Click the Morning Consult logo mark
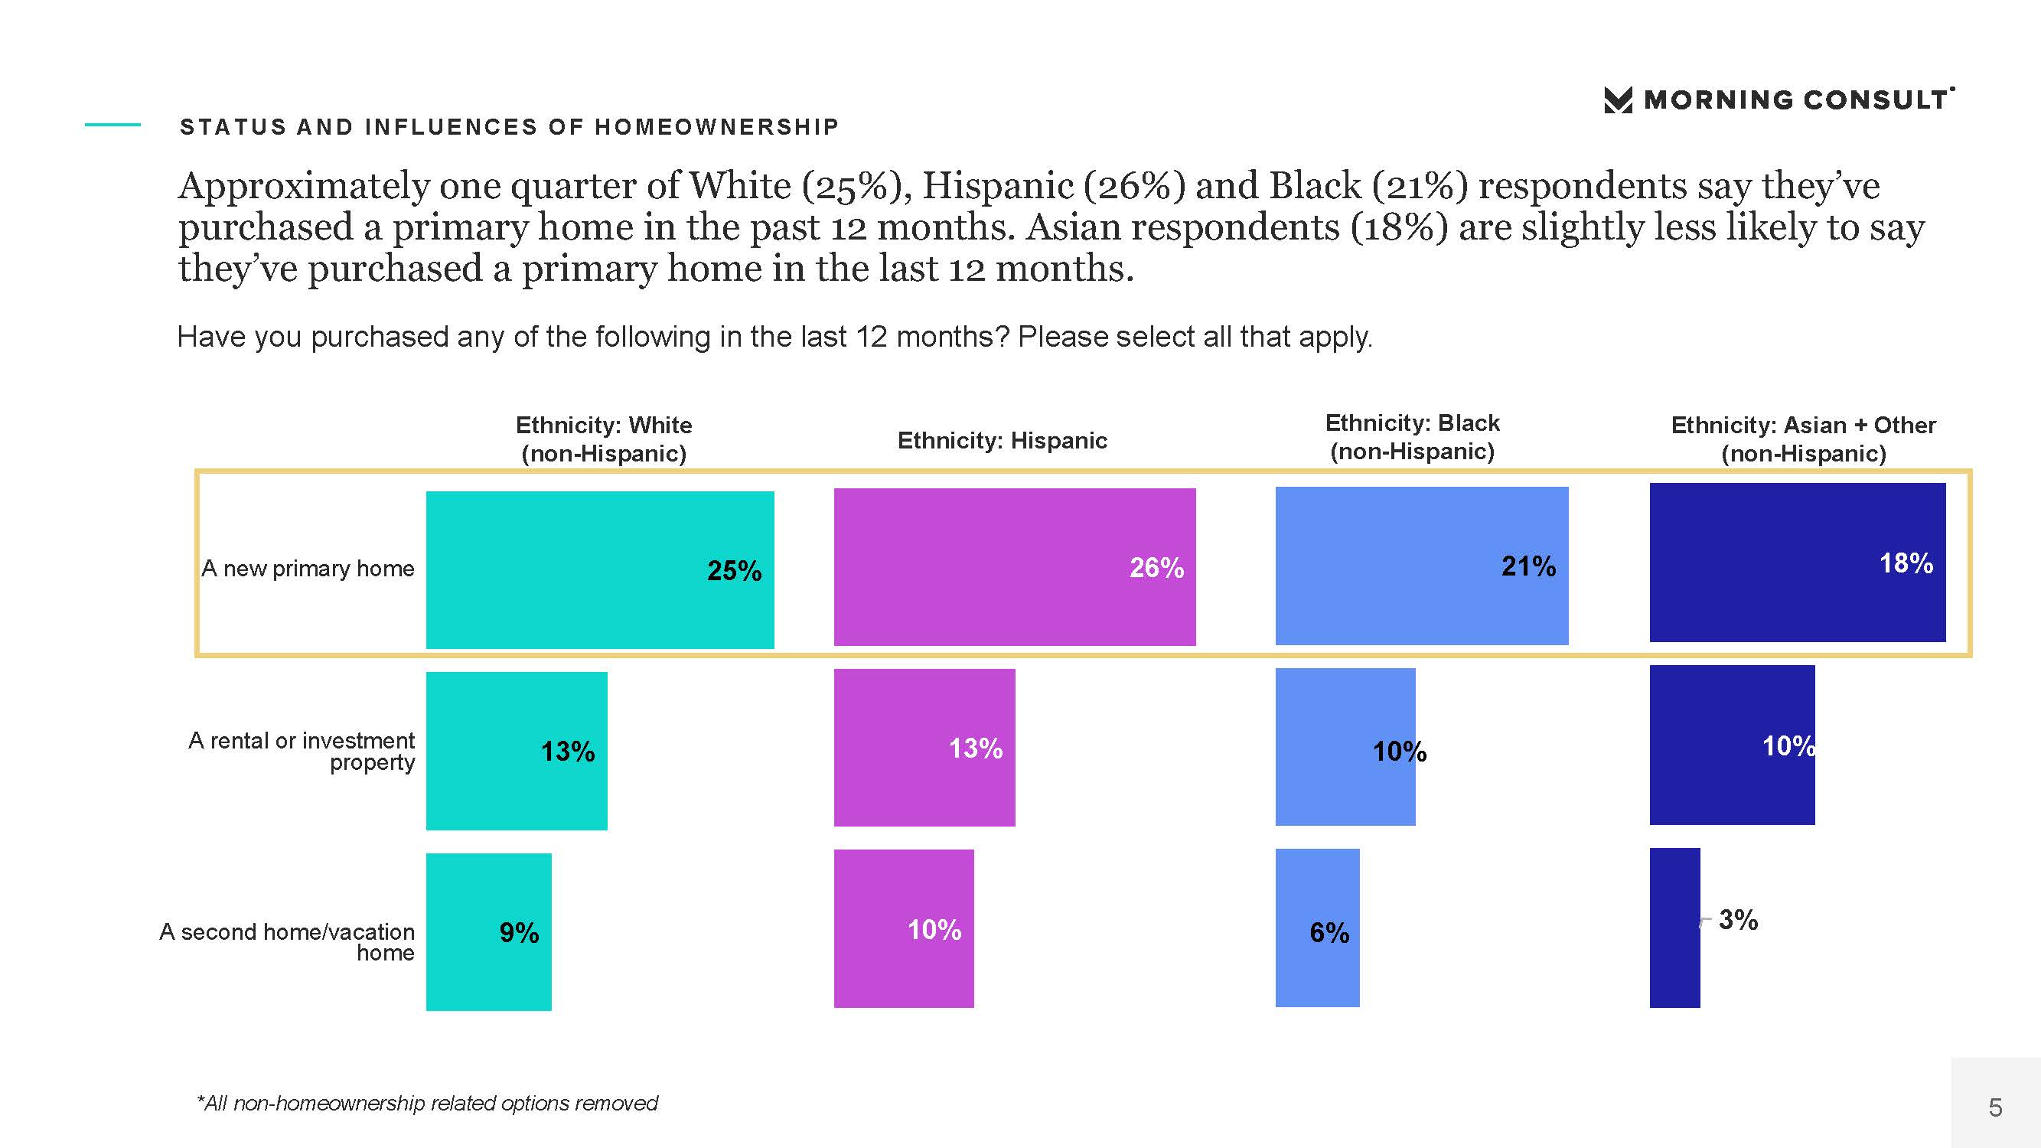point(1618,99)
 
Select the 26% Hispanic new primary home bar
point(1015,566)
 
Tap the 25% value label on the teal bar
point(734,570)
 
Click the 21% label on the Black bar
point(1528,566)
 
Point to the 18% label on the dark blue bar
point(1906,563)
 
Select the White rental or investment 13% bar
point(517,751)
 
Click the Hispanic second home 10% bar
point(904,928)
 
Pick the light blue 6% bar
point(1318,928)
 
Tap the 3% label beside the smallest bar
point(1739,920)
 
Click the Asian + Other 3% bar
point(1675,928)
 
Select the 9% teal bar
point(489,931)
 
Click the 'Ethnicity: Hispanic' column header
point(1003,441)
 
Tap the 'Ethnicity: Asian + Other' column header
point(1803,439)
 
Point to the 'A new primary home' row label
point(308,569)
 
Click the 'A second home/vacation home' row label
point(287,942)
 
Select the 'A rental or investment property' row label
point(301,751)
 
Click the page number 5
point(1995,1107)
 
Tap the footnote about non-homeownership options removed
point(427,1103)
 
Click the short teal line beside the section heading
point(112,125)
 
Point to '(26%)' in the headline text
point(1134,185)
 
